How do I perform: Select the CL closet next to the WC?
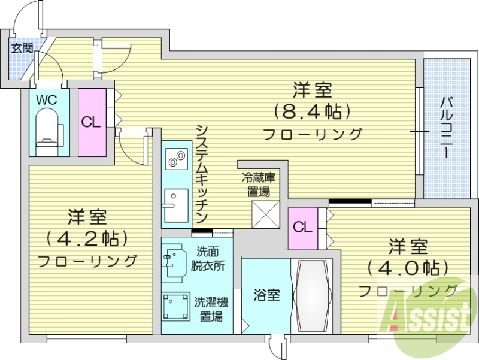[91, 122]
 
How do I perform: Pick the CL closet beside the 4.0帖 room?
[303, 228]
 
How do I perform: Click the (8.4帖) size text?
[311, 111]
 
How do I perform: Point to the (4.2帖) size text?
[87, 238]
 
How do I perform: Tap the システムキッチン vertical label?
[202, 174]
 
